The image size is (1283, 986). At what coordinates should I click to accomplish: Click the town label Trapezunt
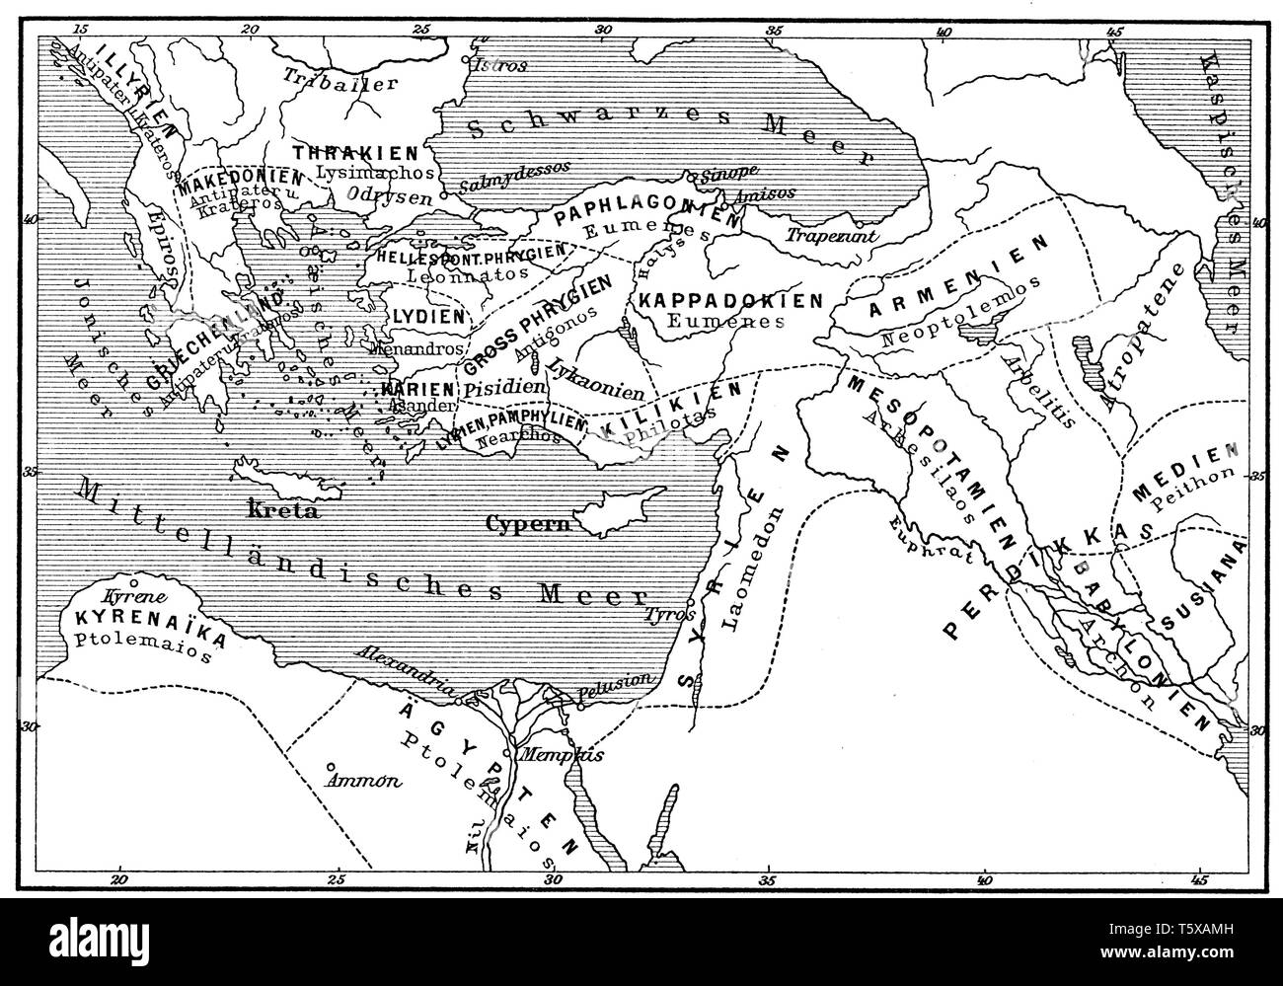(822, 237)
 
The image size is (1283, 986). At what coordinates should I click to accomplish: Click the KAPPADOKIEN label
(730, 300)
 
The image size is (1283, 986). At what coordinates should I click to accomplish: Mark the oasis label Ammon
(364, 780)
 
